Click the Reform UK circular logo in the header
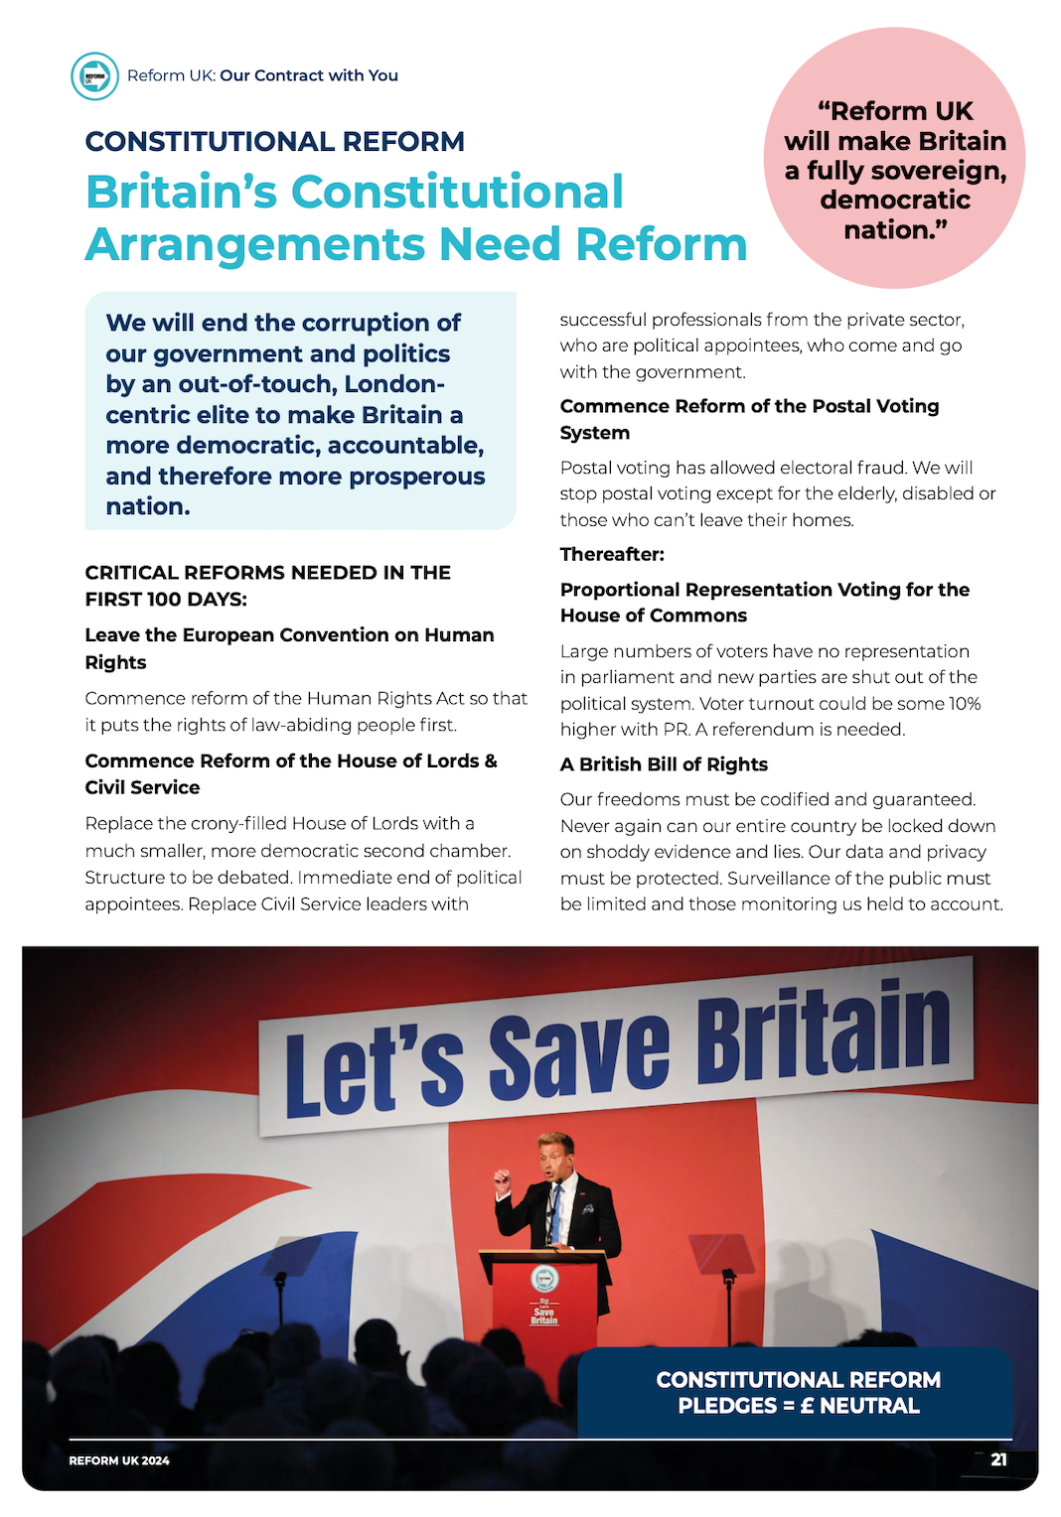click(x=94, y=75)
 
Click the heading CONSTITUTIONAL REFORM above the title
click(x=274, y=141)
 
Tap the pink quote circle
click(x=894, y=159)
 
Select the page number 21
click(x=998, y=1459)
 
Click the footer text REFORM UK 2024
click(x=119, y=1460)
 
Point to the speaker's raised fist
click(x=503, y=1178)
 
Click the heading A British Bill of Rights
click(x=664, y=764)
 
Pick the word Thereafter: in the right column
click(x=612, y=554)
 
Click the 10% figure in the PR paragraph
click(x=965, y=704)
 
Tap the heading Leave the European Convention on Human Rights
click(x=289, y=647)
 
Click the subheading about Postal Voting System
click(x=749, y=419)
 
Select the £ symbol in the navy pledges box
click(x=807, y=1406)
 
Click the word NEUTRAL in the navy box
click(x=869, y=1406)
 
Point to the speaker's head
click(x=555, y=1152)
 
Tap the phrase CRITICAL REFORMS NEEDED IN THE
click(x=267, y=573)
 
